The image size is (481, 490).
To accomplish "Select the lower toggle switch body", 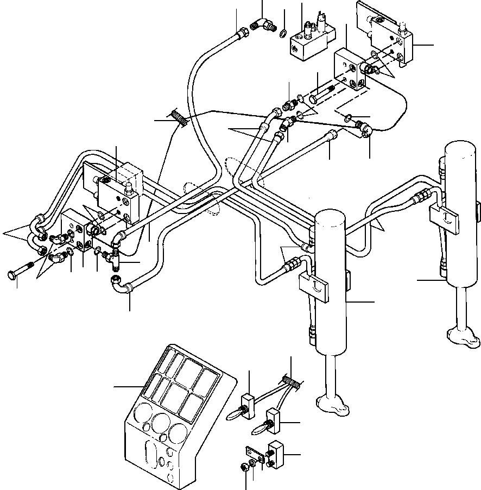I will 271,419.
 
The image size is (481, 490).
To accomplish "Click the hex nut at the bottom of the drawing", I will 243,466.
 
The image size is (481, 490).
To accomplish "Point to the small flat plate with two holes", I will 253,454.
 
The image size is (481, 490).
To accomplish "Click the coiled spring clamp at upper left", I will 178,117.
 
